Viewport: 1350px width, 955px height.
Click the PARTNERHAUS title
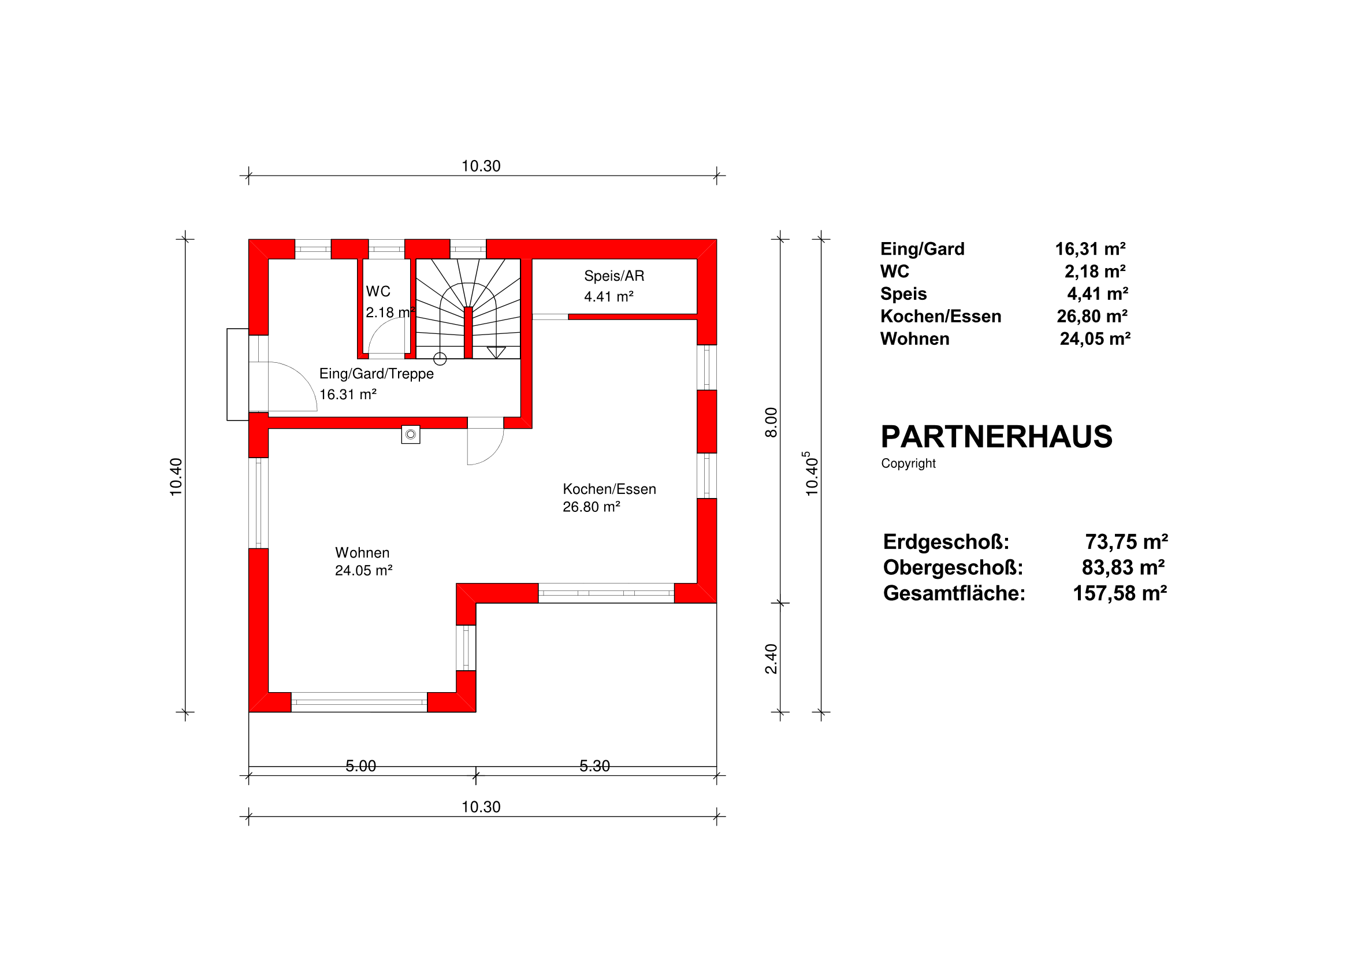pyautogui.click(x=996, y=437)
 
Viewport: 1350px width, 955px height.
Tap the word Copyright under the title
pyautogui.click(x=908, y=463)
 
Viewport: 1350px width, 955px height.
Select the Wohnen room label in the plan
pyautogui.click(x=362, y=553)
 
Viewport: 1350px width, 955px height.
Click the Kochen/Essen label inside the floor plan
pyautogui.click(x=609, y=489)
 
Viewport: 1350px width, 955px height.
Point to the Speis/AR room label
pyautogui.click(x=614, y=276)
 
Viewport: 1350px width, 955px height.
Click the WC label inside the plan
pyautogui.click(x=378, y=292)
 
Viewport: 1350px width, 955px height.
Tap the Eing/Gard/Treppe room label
pyautogui.click(x=376, y=374)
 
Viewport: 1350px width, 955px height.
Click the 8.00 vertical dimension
pyautogui.click(x=771, y=423)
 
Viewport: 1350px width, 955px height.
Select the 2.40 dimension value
pyautogui.click(x=771, y=659)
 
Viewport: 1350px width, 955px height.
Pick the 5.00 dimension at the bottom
pyautogui.click(x=360, y=766)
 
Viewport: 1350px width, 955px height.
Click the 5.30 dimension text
pyautogui.click(x=594, y=766)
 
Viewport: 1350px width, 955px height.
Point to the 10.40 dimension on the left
pyautogui.click(x=176, y=477)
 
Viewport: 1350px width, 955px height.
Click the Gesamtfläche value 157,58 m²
pyautogui.click(x=1120, y=593)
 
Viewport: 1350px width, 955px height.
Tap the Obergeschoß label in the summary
pyautogui.click(x=953, y=567)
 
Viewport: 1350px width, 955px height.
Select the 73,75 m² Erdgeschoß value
pyautogui.click(x=1126, y=541)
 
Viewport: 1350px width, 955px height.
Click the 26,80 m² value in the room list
pyautogui.click(x=1092, y=317)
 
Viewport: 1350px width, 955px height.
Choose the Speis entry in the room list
pyautogui.click(x=903, y=294)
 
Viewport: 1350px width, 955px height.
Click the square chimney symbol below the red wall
pyautogui.click(x=410, y=434)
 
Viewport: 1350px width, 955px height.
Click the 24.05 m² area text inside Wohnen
pyautogui.click(x=363, y=570)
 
